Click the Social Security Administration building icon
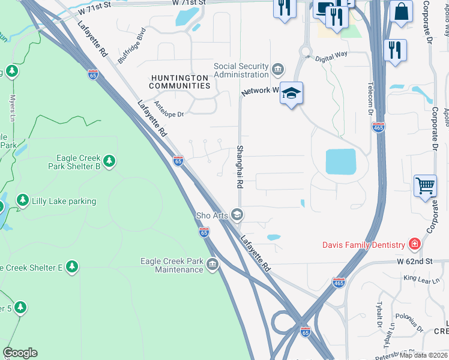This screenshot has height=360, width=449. (277, 70)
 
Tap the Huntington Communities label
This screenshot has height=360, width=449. (180, 82)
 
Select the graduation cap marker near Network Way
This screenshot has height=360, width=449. (291, 94)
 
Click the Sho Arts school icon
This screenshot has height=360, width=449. (237, 215)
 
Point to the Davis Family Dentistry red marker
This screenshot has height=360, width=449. (414, 244)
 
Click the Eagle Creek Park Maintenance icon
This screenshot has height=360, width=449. (212, 265)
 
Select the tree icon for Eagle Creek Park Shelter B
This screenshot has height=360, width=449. (109, 161)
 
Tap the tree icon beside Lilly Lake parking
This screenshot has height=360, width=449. (23, 200)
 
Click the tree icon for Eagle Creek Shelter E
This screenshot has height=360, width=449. (72, 266)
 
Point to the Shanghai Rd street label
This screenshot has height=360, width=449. (240, 168)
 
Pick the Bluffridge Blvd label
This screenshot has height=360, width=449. (132, 45)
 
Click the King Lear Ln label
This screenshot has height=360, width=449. (418, 278)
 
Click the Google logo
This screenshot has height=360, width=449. (20, 353)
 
